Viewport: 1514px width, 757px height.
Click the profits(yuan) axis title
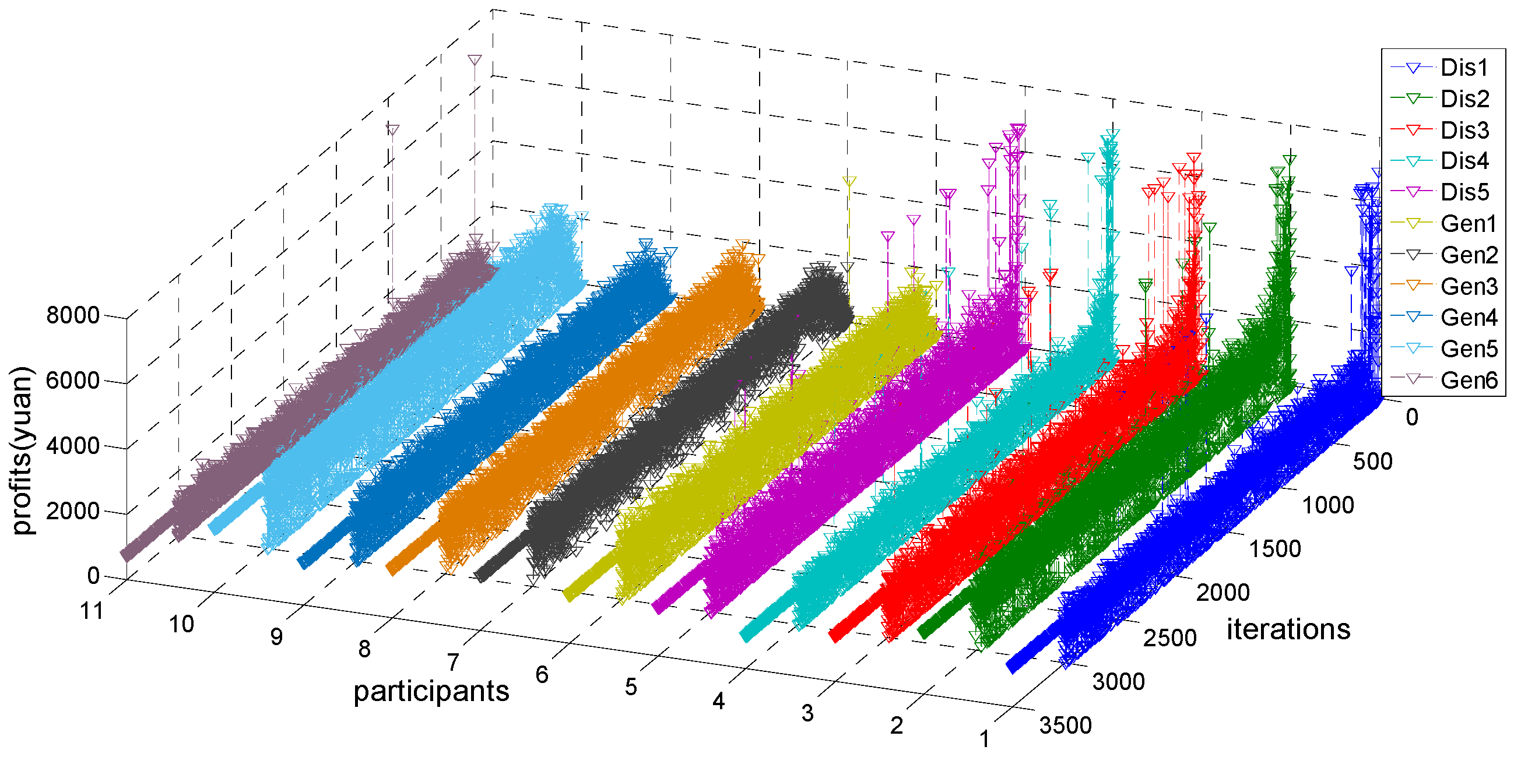pyautogui.click(x=22, y=452)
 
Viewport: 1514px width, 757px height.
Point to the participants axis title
pyautogui.click(x=431, y=692)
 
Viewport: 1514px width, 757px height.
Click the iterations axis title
pyautogui.click(x=1288, y=630)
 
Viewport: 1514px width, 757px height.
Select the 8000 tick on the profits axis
pyautogui.click(x=73, y=316)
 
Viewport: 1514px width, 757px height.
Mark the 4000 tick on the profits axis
pyautogui.click(x=73, y=446)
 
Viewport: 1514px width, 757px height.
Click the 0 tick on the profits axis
pyautogui.click(x=93, y=576)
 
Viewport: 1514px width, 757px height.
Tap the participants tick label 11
pyautogui.click(x=92, y=612)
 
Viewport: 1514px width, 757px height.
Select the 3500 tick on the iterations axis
pyautogui.click(x=1066, y=727)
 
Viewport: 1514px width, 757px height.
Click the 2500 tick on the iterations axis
pyautogui.click(x=1169, y=638)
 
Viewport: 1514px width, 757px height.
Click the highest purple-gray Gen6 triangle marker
pyautogui.click(x=475, y=60)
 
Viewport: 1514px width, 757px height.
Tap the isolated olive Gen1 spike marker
pyautogui.click(x=849, y=182)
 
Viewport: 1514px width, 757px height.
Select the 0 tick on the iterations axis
pyautogui.click(x=1412, y=418)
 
